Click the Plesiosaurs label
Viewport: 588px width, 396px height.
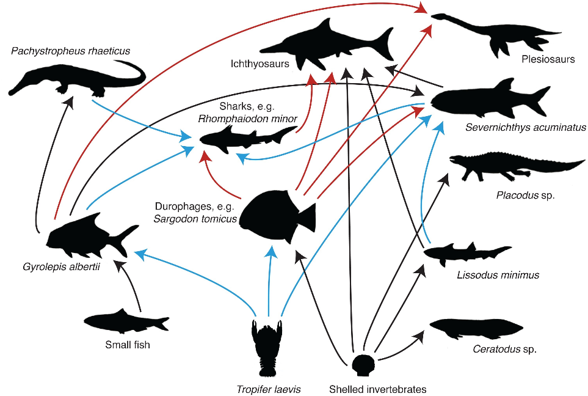tap(548, 59)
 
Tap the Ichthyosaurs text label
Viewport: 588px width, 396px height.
tap(256, 63)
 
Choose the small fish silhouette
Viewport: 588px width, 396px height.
tap(125, 322)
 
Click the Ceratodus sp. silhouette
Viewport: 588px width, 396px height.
tap(476, 328)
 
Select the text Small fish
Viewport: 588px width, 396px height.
tap(127, 345)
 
